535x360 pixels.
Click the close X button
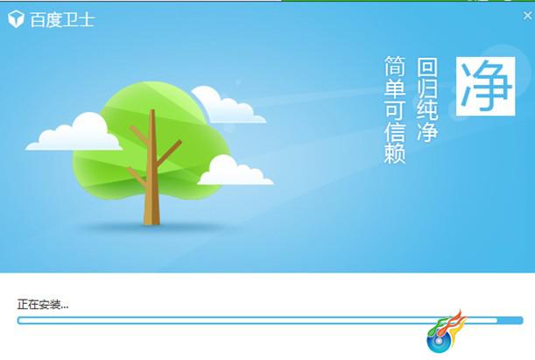pyautogui.click(x=527, y=16)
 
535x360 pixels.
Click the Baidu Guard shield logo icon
pyautogui.click(x=16, y=18)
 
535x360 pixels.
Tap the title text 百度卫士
pyautogui.click(x=62, y=19)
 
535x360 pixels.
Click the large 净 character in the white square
pyautogui.click(x=485, y=86)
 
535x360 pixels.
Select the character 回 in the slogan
pyautogui.click(x=427, y=67)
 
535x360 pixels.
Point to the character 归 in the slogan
pyautogui.click(x=427, y=88)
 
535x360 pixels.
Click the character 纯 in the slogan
pyautogui.click(x=427, y=110)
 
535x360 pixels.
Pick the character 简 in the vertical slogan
pyautogui.click(x=395, y=67)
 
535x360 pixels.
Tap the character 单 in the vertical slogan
pyautogui.click(x=395, y=88)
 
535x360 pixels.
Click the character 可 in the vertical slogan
pyautogui.click(x=395, y=109)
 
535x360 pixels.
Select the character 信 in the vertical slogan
pyautogui.click(x=395, y=131)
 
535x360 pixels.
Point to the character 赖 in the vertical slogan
pyautogui.click(x=395, y=153)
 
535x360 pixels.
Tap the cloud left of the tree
pyautogui.click(x=74, y=133)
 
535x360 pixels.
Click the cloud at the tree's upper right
pyautogui.click(x=227, y=106)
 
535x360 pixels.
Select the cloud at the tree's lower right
pyautogui.click(x=235, y=172)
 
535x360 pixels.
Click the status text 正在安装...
pyautogui.click(x=43, y=304)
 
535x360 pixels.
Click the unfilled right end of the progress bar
pyautogui.click(x=510, y=321)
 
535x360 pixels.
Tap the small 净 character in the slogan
pyautogui.click(x=427, y=131)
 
